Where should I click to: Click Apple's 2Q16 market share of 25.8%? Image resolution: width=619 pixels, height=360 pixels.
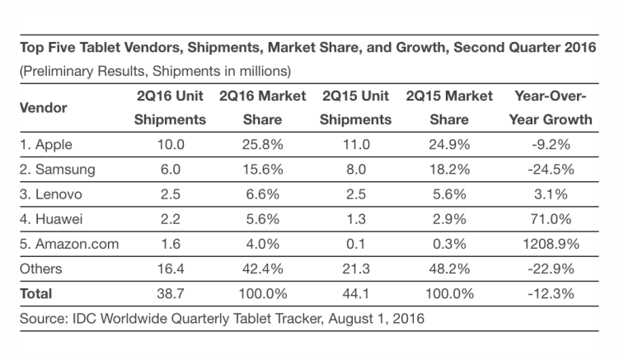(262, 145)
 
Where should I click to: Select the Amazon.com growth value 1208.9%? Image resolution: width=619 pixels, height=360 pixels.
(553, 244)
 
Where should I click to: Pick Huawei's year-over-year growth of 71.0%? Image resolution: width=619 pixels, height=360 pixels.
(553, 219)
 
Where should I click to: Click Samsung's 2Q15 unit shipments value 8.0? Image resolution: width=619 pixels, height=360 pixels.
(356, 170)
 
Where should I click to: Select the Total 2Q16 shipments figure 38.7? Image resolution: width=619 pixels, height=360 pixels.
(171, 293)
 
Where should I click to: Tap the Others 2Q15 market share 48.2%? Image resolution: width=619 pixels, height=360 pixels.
(449, 269)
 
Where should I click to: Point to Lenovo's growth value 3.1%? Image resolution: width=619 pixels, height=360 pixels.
(553, 194)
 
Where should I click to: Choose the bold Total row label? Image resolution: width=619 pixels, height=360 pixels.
(35, 293)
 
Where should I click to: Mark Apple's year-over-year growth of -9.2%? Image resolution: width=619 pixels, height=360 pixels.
(553, 145)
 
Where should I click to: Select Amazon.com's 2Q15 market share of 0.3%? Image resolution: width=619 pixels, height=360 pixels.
(449, 244)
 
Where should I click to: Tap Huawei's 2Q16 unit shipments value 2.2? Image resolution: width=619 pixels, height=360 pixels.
(171, 219)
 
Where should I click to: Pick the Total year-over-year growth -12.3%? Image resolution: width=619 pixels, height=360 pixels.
(553, 293)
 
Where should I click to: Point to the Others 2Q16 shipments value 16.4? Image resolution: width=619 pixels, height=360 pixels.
(171, 269)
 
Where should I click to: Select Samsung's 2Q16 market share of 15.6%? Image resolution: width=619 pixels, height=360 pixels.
(262, 170)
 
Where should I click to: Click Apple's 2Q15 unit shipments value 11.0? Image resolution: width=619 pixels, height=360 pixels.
(356, 145)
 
